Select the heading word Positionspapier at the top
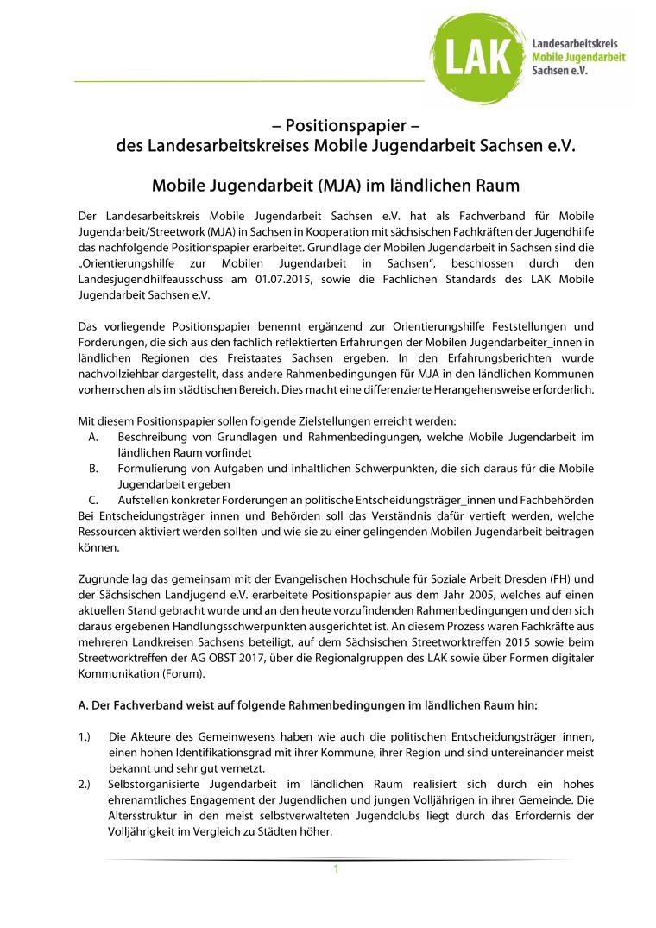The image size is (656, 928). (x=345, y=125)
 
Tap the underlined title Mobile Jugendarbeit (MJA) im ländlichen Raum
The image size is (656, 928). (x=336, y=186)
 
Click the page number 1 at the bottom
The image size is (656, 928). (x=336, y=868)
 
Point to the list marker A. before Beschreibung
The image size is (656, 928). (x=92, y=438)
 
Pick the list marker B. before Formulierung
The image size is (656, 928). (x=92, y=469)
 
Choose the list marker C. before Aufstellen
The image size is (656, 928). (x=92, y=500)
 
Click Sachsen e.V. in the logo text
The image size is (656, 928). (x=560, y=70)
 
